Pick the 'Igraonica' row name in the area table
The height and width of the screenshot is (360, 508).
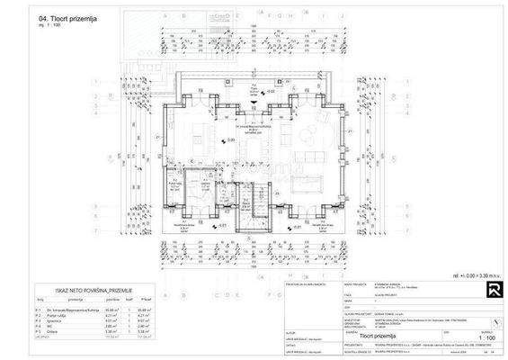[x=53, y=319]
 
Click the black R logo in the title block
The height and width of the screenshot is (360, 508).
[x=469, y=289]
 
